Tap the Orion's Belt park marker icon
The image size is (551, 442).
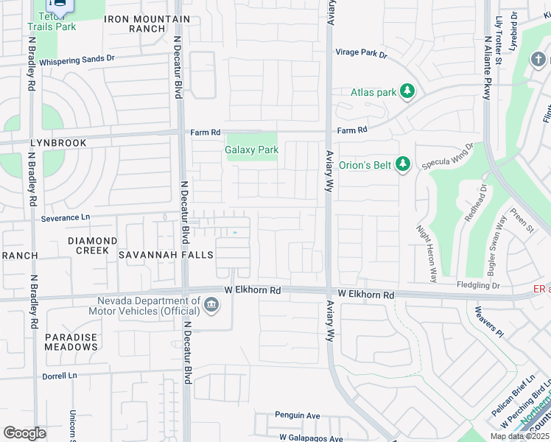(402, 164)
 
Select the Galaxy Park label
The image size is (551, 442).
(251, 150)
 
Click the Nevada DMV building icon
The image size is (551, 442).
(211, 305)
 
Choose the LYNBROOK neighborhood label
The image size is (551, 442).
(58, 143)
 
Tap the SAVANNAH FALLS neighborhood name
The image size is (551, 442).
(166, 255)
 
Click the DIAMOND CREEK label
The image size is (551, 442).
(93, 246)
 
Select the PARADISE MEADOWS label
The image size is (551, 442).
(71, 342)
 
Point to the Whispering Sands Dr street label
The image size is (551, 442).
(77, 60)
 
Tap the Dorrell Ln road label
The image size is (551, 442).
(59, 376)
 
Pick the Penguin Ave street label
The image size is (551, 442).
(298, 415)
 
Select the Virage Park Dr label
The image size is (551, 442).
(361, 54)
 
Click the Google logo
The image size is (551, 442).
(24, 433)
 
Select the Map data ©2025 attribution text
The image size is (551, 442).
(519, 436)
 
